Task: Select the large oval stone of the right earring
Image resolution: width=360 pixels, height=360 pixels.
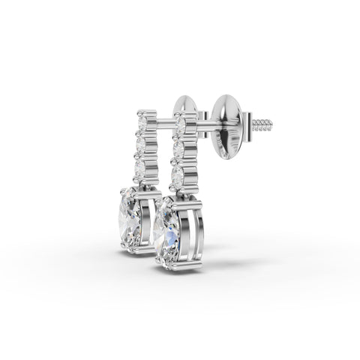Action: [x=168, y=232]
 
